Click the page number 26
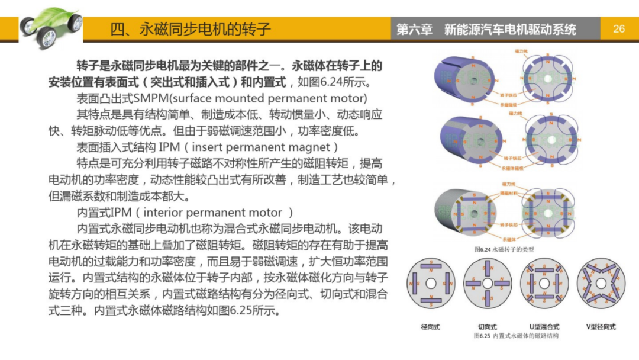(619, 28)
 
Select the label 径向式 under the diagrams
(430, 326)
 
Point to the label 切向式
(488, 326)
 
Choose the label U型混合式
(544, 326)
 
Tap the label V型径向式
(601, 326)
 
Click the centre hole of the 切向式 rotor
(488, 283)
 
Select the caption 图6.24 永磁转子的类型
(504, 249)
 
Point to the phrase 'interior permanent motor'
(218, 212)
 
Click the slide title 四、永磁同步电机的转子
(191, 29)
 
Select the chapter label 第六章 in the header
(414, 29)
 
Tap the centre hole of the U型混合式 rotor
(544, 283)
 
